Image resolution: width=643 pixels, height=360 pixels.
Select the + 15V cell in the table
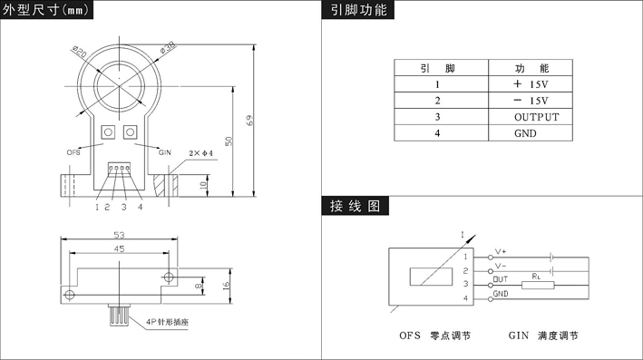click(531, 84)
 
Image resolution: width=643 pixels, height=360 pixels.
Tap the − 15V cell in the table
click(531, 101)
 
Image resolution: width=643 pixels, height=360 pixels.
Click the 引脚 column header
click(437, 68)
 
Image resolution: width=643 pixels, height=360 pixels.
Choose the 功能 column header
click(531, 68)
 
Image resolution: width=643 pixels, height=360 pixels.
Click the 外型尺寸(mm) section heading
click(46, 9)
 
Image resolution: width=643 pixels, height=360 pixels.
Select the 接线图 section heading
click(356, 206)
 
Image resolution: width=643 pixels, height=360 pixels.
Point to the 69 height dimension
click(249, 120)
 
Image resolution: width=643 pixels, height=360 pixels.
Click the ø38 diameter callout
click(167, 47)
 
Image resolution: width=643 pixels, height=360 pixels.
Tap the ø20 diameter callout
click(80, 52)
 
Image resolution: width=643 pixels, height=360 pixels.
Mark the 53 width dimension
click(119, 235)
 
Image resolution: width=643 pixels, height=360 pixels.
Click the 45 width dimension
click(119, 248)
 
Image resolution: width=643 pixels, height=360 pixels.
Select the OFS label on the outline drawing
click(73, 152)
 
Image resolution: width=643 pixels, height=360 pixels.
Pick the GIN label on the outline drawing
click(165, 152)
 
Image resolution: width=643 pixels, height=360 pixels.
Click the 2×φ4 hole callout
click(200, 153)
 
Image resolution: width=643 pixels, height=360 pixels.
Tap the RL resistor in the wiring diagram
click(538, 285)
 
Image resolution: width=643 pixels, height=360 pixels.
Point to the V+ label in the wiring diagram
click(501, 251)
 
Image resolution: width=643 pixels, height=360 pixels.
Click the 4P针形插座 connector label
click(167, 322)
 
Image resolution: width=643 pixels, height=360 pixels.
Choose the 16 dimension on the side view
click(227, 286)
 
